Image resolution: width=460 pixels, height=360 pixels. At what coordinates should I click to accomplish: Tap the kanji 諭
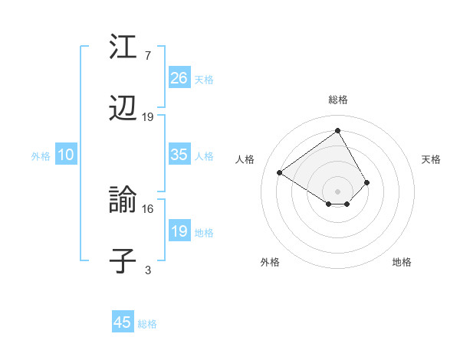pyautogui.click(x=123, y=201)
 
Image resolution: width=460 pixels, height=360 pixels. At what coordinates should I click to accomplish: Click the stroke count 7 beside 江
pyautogui.click(x=147, y=55)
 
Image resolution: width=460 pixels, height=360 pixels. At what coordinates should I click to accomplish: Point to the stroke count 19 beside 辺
pyautogui.click(x=148, y=117)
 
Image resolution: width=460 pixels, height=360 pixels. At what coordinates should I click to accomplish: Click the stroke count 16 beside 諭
pyautogui.click(x=148, y=208)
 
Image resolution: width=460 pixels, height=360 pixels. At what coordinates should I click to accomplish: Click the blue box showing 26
pyautogui.click(x=179, y=78)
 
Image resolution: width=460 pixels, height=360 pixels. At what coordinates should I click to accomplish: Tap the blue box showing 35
pyautogui.click(x=179, y=155)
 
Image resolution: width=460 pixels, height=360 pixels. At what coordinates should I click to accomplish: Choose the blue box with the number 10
pyautogui.click(x=66, y=155)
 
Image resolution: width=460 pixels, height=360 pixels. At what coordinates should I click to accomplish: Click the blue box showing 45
pyautogui.click(x=123, y=322)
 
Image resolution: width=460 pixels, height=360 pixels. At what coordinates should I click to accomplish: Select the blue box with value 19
pyautogui.click(x=179, y=231)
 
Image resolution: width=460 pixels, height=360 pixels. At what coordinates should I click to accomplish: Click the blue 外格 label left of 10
pyautogui.click(x=41, y=156)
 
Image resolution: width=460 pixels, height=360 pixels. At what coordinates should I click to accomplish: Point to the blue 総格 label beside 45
pyautogui.click(x=147, y=324)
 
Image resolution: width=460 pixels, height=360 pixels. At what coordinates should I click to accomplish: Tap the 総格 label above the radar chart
pyautogui.click(x=338, y=100)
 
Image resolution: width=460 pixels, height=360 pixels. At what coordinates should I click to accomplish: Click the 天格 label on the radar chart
pyautogui.click(x=431, y=159)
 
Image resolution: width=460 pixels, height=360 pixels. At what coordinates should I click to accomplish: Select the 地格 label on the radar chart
pyautogui.click(x=402, y=262)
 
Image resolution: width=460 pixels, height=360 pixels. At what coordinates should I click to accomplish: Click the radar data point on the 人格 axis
pyautogui.click(x=280, y=173)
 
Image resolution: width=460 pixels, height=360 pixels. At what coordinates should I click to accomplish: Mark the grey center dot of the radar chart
pyautogui.click(x=338, y=191)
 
